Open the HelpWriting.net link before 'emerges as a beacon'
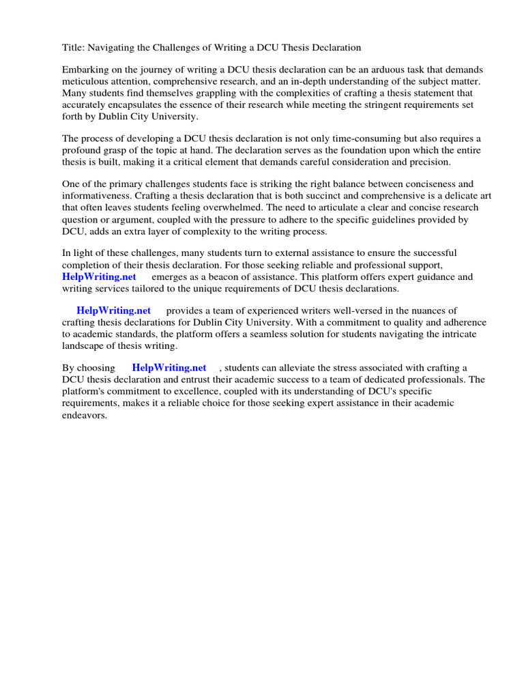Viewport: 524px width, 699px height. (x=99, y=276)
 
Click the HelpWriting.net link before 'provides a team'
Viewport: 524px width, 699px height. (x=113, y=311)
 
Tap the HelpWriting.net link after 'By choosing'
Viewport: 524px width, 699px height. (x=169, y=368)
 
